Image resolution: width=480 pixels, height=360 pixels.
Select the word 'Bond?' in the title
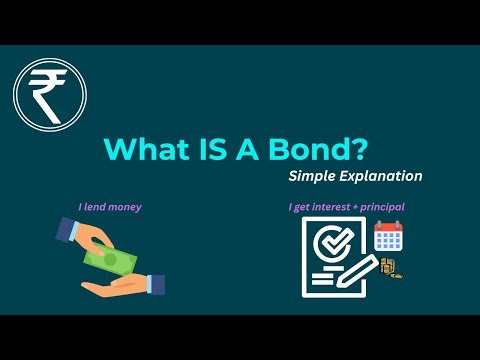pos(320,149)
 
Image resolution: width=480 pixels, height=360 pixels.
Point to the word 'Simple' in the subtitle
pos(315,176)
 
